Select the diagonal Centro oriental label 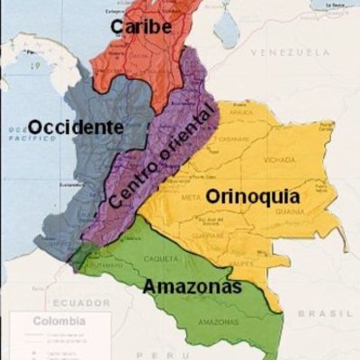coord(163,159)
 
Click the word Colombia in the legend coord(59,320)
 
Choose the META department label coord(192,196)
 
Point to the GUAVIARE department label coord(209,236)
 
